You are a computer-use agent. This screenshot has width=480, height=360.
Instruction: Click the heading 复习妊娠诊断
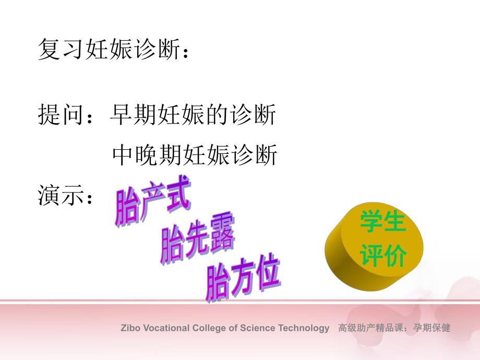tap(110, 51)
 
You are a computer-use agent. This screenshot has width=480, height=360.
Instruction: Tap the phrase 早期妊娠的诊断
tap(193, 115)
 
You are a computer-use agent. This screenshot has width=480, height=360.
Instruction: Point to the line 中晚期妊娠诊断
tap(195, 155)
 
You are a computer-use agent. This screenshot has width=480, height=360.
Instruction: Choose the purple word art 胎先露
tap(197, 241)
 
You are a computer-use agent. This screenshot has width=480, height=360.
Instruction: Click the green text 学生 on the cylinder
tap(382, 223)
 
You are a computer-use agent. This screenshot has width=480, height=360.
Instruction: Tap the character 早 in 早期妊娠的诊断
tap(121, 115)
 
